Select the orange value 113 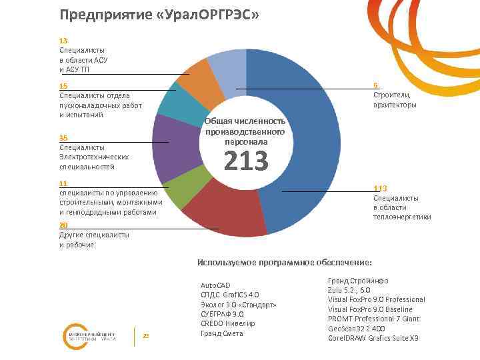380,188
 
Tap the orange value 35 63,137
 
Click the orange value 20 63,225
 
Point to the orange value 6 376,85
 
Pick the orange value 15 63,86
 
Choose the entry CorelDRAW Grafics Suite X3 373,338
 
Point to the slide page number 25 145,335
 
